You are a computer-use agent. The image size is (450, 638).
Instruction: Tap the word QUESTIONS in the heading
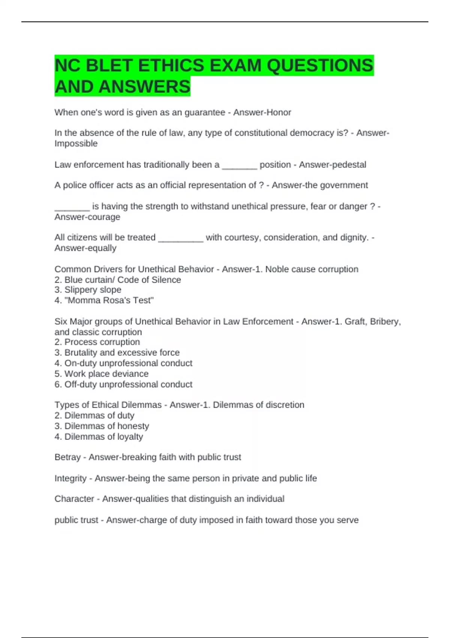(x=320, y=66)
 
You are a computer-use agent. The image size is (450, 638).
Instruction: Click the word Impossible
(x=76, y=144)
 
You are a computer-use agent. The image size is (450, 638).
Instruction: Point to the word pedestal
(x=349, y=165)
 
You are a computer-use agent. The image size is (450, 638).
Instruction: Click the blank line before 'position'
(x=239, y=166)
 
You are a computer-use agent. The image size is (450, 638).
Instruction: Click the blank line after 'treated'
(x=181, y=238)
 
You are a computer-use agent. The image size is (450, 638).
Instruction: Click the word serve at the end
(x=349, y=520)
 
